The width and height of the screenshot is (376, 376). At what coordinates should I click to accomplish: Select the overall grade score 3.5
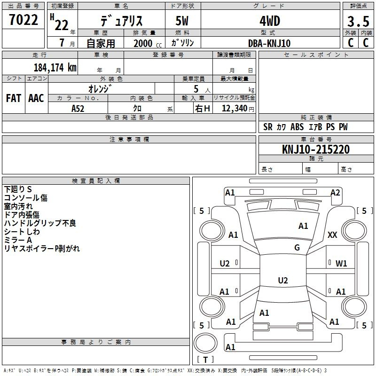[x=357, y=22]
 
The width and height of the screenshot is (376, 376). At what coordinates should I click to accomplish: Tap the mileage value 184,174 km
[x=55, y=67]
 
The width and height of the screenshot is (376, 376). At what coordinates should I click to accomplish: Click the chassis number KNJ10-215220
[x=316, y=149]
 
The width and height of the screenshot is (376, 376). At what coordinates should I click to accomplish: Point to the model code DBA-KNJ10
[x=270, y=43]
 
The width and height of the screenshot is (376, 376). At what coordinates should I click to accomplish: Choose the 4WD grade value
[x=270, y=22]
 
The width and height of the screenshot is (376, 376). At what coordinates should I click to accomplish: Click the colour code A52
[x=78, y=108]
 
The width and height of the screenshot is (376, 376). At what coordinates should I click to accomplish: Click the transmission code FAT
[x=13, y=98]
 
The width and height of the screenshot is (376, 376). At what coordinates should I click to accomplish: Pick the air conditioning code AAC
[x=36, y=98]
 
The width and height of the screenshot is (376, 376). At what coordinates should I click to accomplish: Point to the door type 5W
[x=183, y=22]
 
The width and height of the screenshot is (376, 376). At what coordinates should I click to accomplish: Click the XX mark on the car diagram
[x=332, y=235]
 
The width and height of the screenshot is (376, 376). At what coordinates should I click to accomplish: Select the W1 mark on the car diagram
[x=341, y=264]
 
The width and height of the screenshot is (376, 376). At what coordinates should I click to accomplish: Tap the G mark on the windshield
[x=297, y=247]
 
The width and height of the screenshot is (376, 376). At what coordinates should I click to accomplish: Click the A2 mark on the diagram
[x=335, y=192]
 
